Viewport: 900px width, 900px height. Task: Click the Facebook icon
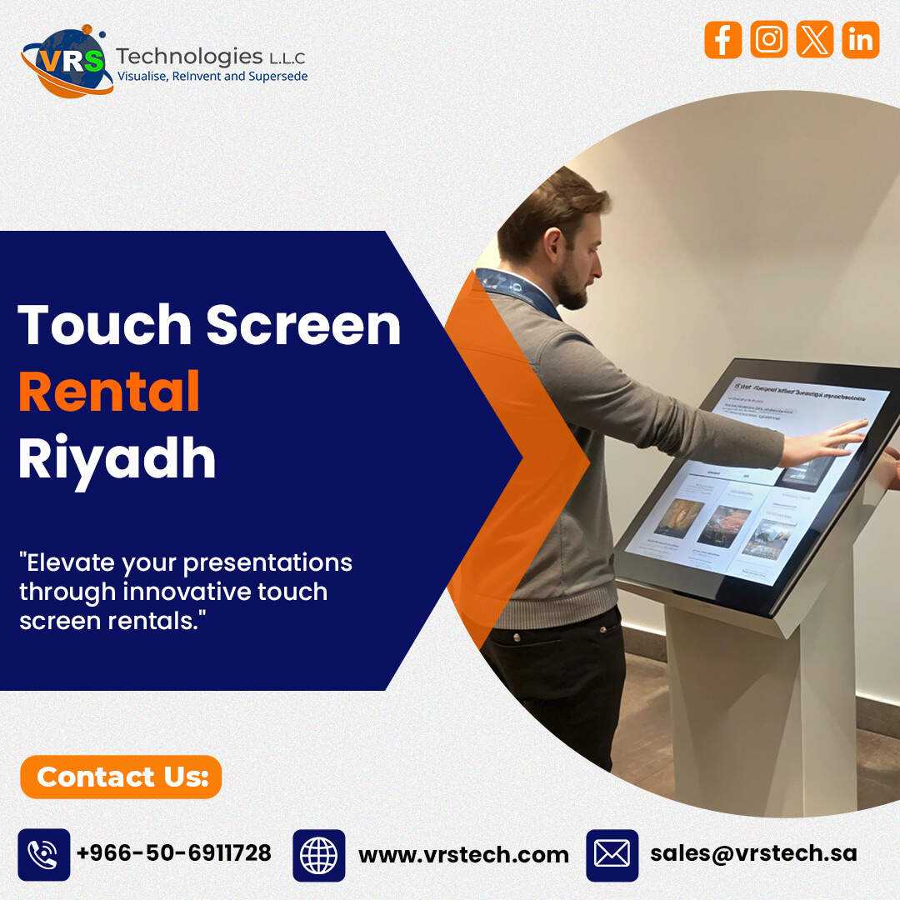click(722, 40)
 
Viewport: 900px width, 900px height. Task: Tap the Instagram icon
click(768, 40)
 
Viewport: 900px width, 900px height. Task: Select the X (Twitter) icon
click(814, 40)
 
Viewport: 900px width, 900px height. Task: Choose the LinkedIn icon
click(860, 40)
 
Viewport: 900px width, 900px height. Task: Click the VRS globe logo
click(67, 62)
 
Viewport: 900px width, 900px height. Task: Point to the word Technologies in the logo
click(189, 56)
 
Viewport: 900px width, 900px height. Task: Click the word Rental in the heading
click(108, 392)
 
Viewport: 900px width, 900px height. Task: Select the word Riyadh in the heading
click(117, 458)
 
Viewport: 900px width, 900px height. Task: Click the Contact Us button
click(121, 777)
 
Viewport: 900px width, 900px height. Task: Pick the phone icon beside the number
click(43, 855)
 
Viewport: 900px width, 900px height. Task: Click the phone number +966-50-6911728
click(173, 853)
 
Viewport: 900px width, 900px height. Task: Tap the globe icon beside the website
click(318, 855)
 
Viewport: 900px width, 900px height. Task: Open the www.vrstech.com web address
click(463, 854)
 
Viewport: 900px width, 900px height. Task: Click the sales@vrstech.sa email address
click(753, 853)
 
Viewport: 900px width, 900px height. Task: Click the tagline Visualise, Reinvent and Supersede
click(212, 77)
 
